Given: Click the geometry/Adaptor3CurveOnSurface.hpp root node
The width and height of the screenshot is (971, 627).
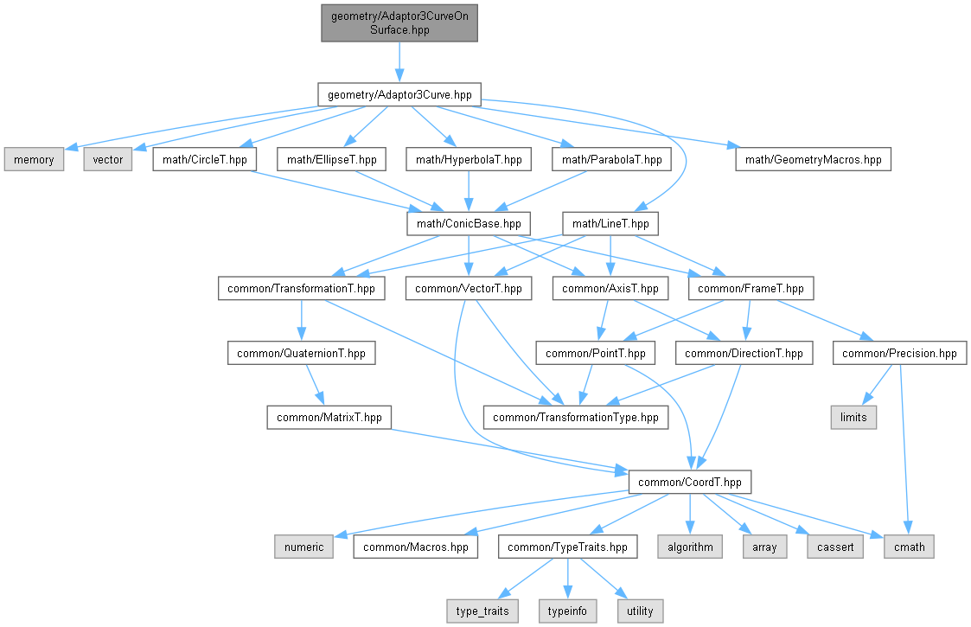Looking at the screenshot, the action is point(399,23).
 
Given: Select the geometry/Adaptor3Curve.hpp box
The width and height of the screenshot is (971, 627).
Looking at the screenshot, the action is point(399,95).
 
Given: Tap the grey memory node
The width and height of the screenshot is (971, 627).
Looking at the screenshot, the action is point(34,159).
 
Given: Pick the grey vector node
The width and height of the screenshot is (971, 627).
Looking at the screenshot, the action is point(108,159).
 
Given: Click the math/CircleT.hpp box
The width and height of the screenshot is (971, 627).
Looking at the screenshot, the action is point(204,159).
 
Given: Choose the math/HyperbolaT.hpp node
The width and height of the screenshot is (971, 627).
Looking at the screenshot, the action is point(469,159).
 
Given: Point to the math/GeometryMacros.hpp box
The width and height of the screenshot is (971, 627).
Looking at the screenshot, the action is point(813,159).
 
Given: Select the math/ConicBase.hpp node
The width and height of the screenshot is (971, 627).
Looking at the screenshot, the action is point(469,224).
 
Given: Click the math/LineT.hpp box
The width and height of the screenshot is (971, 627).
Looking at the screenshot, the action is point(610,224).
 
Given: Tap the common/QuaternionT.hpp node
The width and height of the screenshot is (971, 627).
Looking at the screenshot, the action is point(301,353).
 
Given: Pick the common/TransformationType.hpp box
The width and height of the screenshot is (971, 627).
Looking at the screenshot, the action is point(575,418).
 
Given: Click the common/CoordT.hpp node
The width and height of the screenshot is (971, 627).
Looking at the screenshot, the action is point(690,482).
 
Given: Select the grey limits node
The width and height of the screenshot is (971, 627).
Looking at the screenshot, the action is point(853,418).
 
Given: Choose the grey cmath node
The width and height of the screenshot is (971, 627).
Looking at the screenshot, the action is point(909,547).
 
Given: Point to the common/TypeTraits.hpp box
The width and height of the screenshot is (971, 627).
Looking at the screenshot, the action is point(567,547).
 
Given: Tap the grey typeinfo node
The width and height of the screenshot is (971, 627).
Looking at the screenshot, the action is point(567,611).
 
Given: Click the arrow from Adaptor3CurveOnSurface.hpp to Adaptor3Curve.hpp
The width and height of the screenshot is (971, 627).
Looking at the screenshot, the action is point(399,62).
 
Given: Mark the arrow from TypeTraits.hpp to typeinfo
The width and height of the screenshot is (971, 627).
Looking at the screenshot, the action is point(567,579).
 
